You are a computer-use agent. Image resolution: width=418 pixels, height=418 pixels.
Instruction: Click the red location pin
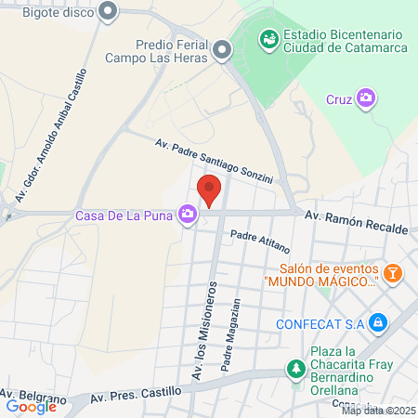(x=210, y=189)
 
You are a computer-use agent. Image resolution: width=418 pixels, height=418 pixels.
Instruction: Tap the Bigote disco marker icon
(x=109, y=12)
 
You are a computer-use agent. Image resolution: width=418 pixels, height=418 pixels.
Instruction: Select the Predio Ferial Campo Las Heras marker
(x=222, y=50)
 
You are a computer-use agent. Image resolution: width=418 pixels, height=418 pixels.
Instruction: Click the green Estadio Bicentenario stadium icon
(x=268, y=39)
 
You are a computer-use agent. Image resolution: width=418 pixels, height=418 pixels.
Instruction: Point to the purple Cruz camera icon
(x=367, y=98)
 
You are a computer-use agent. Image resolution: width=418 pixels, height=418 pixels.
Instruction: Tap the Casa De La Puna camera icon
(x=189, y=216)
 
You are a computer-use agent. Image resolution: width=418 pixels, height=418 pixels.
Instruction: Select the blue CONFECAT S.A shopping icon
(x=377, y=323)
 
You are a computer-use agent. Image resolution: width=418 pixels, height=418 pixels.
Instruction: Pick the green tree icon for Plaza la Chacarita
(x=295, y=369)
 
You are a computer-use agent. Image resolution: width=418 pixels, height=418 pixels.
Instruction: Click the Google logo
(x=32, y=406)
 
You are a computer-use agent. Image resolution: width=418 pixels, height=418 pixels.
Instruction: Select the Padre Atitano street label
(x=261, y=242)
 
